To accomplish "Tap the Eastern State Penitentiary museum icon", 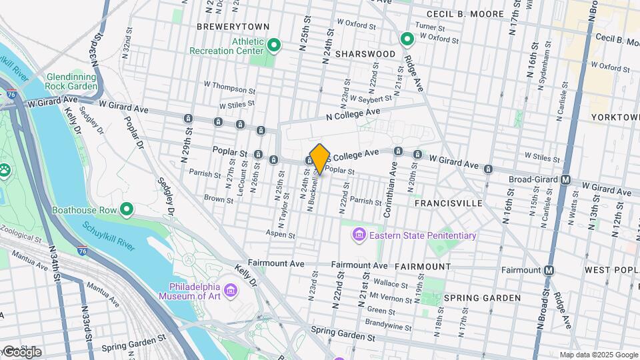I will [359, 235].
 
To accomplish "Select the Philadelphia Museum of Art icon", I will [231, 291].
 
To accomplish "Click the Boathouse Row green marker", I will [126, 210].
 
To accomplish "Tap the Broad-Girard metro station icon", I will [565, 179].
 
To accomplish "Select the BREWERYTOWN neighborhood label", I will [233, 27].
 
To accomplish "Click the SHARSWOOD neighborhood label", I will [361, 53].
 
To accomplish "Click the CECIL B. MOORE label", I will [465, 14].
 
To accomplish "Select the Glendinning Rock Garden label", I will [71, 82].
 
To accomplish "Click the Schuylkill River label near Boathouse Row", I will [109, 235].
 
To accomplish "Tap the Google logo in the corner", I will [22, 351].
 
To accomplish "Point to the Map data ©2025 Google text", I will [598, 355].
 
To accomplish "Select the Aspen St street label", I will [281, 235].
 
